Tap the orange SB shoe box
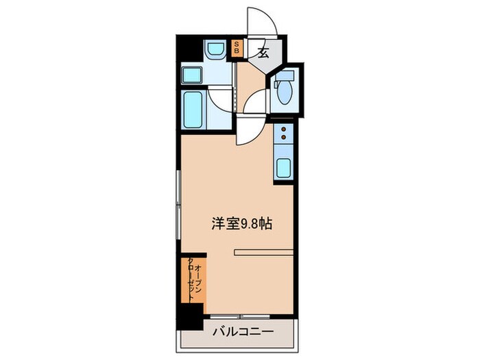[237, 48]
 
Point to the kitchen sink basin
[283, 167]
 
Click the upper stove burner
[283, 129]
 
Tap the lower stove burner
[283, 139]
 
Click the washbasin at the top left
[215, 49]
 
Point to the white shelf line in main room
[263, 252]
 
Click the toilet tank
[288, 75]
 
